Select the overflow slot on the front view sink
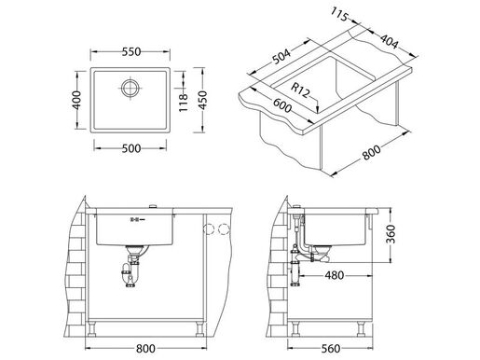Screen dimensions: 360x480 [136, 220]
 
